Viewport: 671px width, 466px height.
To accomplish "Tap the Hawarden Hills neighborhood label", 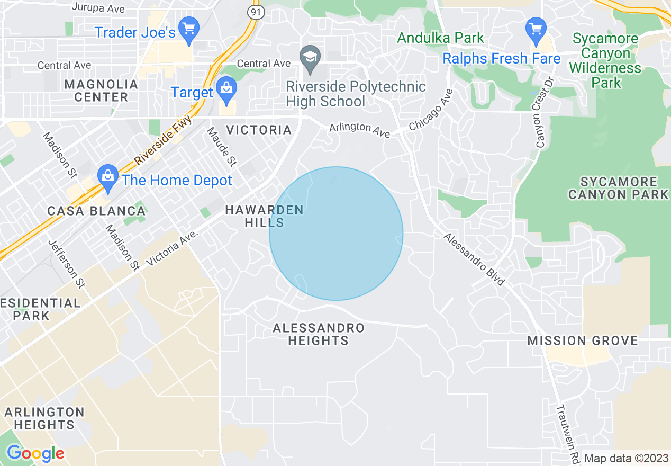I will [x=265, y=216].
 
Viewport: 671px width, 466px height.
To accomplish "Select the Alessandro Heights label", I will [x=319, y=334].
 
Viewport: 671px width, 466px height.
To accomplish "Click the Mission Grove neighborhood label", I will [x=583, y=340].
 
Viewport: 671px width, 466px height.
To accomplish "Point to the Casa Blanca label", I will [x=96, y=211].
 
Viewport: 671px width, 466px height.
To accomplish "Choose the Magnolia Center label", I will [x=101, y=91].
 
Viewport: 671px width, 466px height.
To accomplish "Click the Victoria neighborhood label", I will [x=259, y=130].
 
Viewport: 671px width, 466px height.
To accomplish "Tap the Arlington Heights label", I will [x=44, y=418].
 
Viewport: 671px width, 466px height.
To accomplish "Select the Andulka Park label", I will [x=440, y=38].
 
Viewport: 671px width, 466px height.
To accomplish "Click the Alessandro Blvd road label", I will [x=474, y=259].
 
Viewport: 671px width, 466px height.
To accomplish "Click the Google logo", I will [x=35, y=453].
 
